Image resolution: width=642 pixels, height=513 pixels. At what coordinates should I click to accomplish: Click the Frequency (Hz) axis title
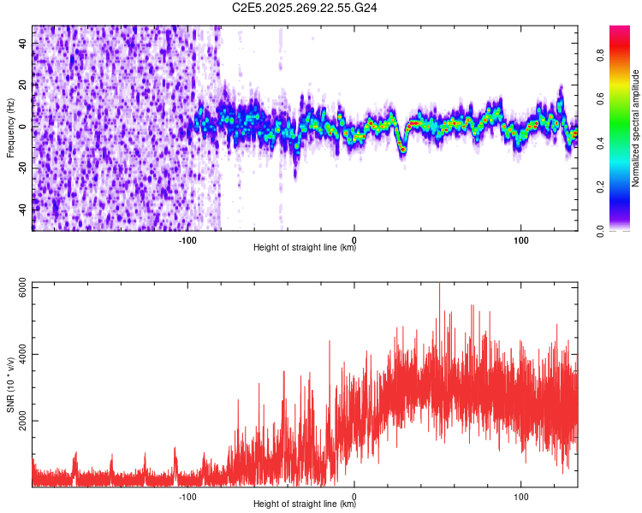point(9,128)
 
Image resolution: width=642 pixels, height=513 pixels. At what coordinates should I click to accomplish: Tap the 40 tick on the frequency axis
point(23,44)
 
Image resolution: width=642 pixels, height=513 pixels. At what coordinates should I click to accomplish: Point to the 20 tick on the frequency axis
point(23,85)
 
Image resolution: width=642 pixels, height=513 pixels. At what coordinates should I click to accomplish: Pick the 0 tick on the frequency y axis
point(23,127)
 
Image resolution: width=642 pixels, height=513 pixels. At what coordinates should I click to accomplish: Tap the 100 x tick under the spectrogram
point(520,240)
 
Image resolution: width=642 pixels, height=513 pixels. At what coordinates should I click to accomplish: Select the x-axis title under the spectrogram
point(305,248)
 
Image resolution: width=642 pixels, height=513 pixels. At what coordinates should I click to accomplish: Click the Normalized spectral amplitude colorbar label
point(636,128)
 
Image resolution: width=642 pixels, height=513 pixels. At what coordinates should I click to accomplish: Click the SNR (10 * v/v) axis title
point(9,385)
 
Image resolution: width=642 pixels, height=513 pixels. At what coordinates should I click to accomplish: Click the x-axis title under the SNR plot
point(305,504)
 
